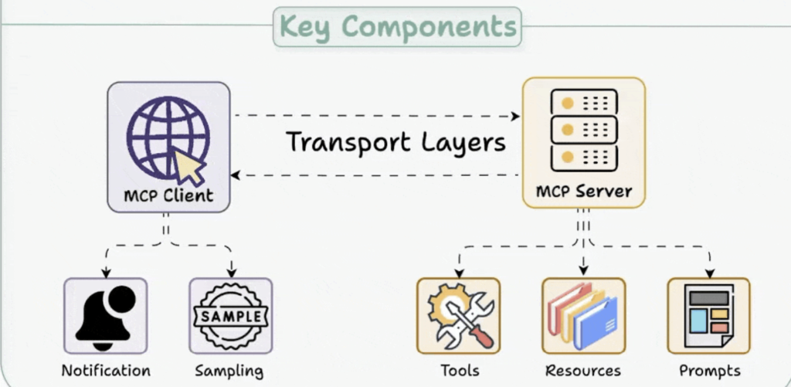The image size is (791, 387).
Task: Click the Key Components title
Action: pos(397,26)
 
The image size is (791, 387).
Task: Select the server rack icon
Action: pos(583,129)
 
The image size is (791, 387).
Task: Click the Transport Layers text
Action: pos(395,143)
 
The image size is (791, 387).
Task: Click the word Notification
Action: pos(106,370)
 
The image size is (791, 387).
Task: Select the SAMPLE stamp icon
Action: pos(231,316)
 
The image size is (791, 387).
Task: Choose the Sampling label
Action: pos(229,371)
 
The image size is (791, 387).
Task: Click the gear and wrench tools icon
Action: pos(458,316)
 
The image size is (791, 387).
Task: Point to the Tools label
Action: pos(460,370)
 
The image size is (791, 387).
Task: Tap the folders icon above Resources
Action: pos(583,316)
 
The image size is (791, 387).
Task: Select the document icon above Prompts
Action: pos(708,316)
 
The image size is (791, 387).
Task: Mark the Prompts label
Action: pos(709,371)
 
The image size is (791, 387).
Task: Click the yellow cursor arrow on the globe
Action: pos(188,165)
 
